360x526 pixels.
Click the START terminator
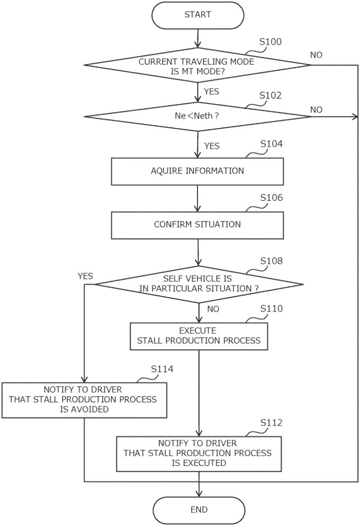(x=198, y=15)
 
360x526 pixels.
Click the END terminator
(x=198, y=509)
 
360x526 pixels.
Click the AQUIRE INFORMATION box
(x=197, y=171)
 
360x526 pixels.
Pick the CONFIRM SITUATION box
(x=197, y=225)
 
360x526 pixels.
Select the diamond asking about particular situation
(x=198, y=284)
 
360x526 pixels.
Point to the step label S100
(x=271, y=42)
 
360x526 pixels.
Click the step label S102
(x=271, y=96)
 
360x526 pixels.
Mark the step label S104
(x=271, y=145)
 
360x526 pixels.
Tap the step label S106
(x=271, y=198)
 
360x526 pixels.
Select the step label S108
(x=271, y=261)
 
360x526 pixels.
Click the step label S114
(x=162, y=369)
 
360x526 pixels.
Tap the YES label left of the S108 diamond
(x=85, y=276)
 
